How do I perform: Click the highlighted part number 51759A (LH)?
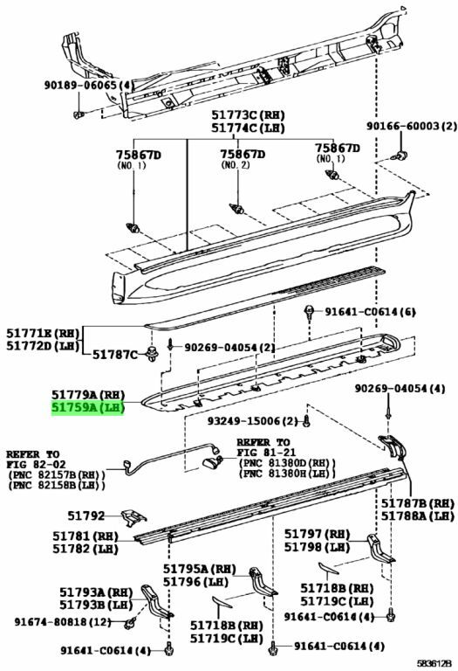[88, 408]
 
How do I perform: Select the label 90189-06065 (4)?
[89, 85]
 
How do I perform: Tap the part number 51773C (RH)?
[249, 114]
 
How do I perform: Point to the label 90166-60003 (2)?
[412, 126]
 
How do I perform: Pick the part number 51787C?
[115, 355]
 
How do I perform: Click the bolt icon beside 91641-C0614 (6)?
[308, 313]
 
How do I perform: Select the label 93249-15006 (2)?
[252, 421]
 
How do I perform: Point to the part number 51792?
[85, 515]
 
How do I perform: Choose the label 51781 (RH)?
[85, 536]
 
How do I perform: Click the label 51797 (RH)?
[317, 534]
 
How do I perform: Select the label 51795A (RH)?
[200, 569]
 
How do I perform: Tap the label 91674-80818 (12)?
[63, 621]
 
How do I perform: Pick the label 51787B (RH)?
[417, 503]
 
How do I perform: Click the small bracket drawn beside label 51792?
[133, 518]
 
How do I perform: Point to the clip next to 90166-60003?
[400, 156]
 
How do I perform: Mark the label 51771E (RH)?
[43, 333]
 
